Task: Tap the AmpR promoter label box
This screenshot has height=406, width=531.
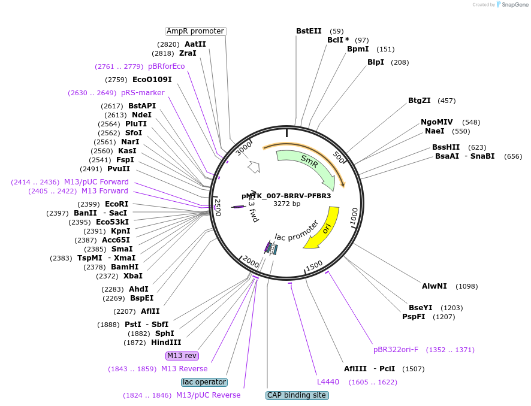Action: (196, 31)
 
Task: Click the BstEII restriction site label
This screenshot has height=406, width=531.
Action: (309, 31)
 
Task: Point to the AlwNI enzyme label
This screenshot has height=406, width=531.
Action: (434, 286)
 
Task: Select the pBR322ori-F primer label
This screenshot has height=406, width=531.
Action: (396, 350)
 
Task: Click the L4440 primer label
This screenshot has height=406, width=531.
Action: (328, 382)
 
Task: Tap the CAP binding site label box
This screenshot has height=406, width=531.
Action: (297, 395)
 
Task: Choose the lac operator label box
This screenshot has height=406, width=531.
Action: (204, 382)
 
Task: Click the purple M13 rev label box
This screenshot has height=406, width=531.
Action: (182, 356)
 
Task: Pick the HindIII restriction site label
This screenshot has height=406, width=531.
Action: (166, 343)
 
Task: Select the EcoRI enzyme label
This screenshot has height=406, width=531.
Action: (116, 204)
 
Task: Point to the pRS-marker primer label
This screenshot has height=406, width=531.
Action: (143, 93)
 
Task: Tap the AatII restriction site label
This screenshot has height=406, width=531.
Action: (195, 44)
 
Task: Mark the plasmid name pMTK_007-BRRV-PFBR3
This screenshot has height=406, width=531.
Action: (286, 196)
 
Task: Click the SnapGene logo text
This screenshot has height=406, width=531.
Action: (515, 5)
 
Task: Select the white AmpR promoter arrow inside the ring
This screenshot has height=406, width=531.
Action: (254, 166)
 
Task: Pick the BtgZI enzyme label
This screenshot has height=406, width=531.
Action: (420, 101)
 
